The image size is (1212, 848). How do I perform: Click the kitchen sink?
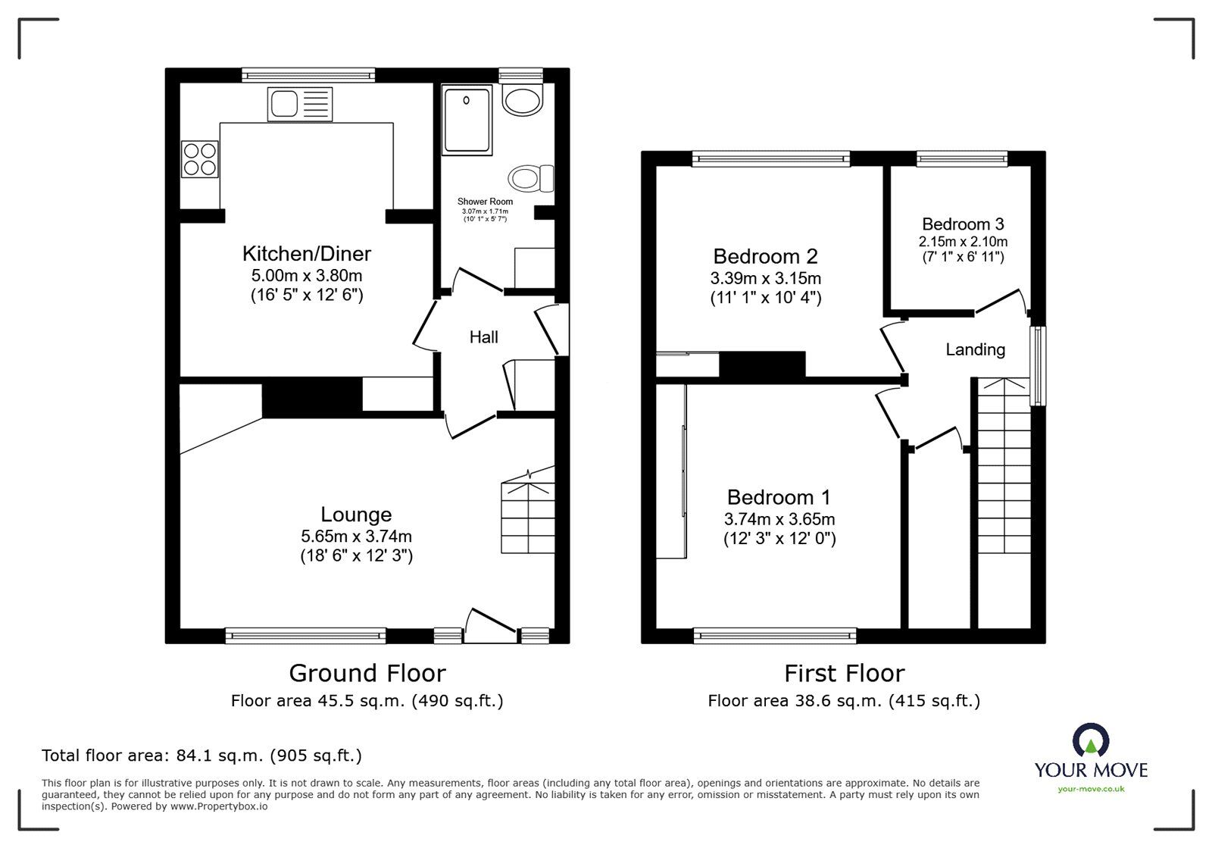click(300, 104)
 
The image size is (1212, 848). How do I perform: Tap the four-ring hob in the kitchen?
click(200, 159)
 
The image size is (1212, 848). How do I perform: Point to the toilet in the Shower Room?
click(531, 179)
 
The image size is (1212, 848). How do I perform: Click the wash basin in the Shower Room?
click(522, 99)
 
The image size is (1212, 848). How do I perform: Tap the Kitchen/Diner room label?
click(307, 253)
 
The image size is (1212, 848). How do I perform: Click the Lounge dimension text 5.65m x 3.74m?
click(357, 537)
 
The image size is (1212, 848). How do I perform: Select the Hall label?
click(484, 337)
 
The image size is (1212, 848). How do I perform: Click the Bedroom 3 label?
click(963, 224)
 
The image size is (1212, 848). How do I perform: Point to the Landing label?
click(976, 349)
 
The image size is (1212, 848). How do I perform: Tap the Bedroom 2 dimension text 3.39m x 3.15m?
click(766, 278)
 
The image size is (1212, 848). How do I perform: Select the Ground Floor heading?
click(367, 673)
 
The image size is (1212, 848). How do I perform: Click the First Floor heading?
click(845, 674)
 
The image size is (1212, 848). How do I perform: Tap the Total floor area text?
click(201, 755)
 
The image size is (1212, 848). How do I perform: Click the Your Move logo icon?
click(1091, 740)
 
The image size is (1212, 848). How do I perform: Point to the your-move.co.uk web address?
click(1091, 789)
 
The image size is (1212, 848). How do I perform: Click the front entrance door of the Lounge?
click(491, 626)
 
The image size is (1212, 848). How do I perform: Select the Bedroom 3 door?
click(1001, 302)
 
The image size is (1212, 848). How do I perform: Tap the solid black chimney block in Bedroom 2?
click(762, 365)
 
